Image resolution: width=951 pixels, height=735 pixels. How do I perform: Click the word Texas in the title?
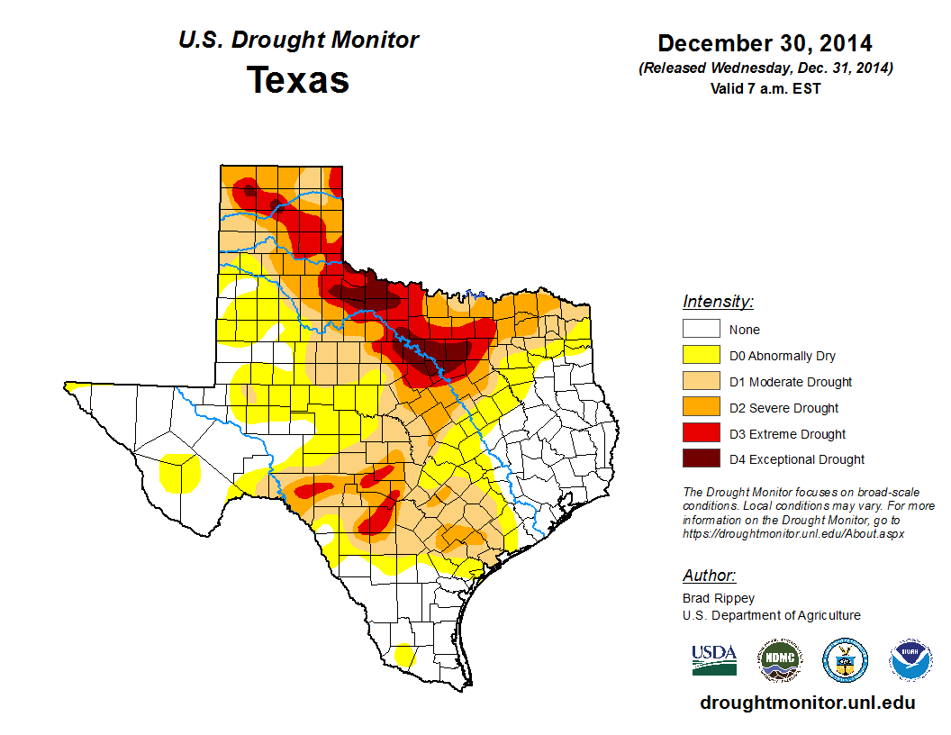tap(298, 79)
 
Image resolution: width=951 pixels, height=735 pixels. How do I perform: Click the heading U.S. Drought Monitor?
tap(298, 40)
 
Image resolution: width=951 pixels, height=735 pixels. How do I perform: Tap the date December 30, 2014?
tap(765, 43)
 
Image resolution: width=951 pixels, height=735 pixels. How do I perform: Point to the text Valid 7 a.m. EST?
tap(765, 87)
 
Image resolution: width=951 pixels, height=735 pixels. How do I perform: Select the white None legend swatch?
tap(701, 330)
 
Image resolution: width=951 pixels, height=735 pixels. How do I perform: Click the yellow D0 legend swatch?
tap(701, 356)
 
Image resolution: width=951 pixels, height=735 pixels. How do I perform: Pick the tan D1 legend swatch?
tap(701, 382)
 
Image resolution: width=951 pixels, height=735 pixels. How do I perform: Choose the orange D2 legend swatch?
tap(701, 407)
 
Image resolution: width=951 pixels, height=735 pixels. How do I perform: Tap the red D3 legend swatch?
tap(701, 433)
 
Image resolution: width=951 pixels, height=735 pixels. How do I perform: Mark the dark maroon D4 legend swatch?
tap(701, 459)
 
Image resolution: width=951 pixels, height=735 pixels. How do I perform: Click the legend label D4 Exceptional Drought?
tap(796, 459)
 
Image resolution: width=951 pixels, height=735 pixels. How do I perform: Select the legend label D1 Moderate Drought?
tap(790, 382)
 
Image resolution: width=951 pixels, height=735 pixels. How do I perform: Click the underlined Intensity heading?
tap(718, 302)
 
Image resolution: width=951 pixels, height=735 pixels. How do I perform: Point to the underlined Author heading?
tap(709, 576)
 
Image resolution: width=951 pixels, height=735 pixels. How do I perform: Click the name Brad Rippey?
tap(719, 598)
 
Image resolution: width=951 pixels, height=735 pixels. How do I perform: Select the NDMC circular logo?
tap(779, 660)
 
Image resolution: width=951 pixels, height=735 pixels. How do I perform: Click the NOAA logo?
tap(910, 660)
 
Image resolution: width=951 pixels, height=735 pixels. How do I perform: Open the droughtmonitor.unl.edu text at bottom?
tap(807, 703)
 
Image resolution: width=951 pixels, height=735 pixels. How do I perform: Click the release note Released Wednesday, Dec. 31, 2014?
tap(765, 68)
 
